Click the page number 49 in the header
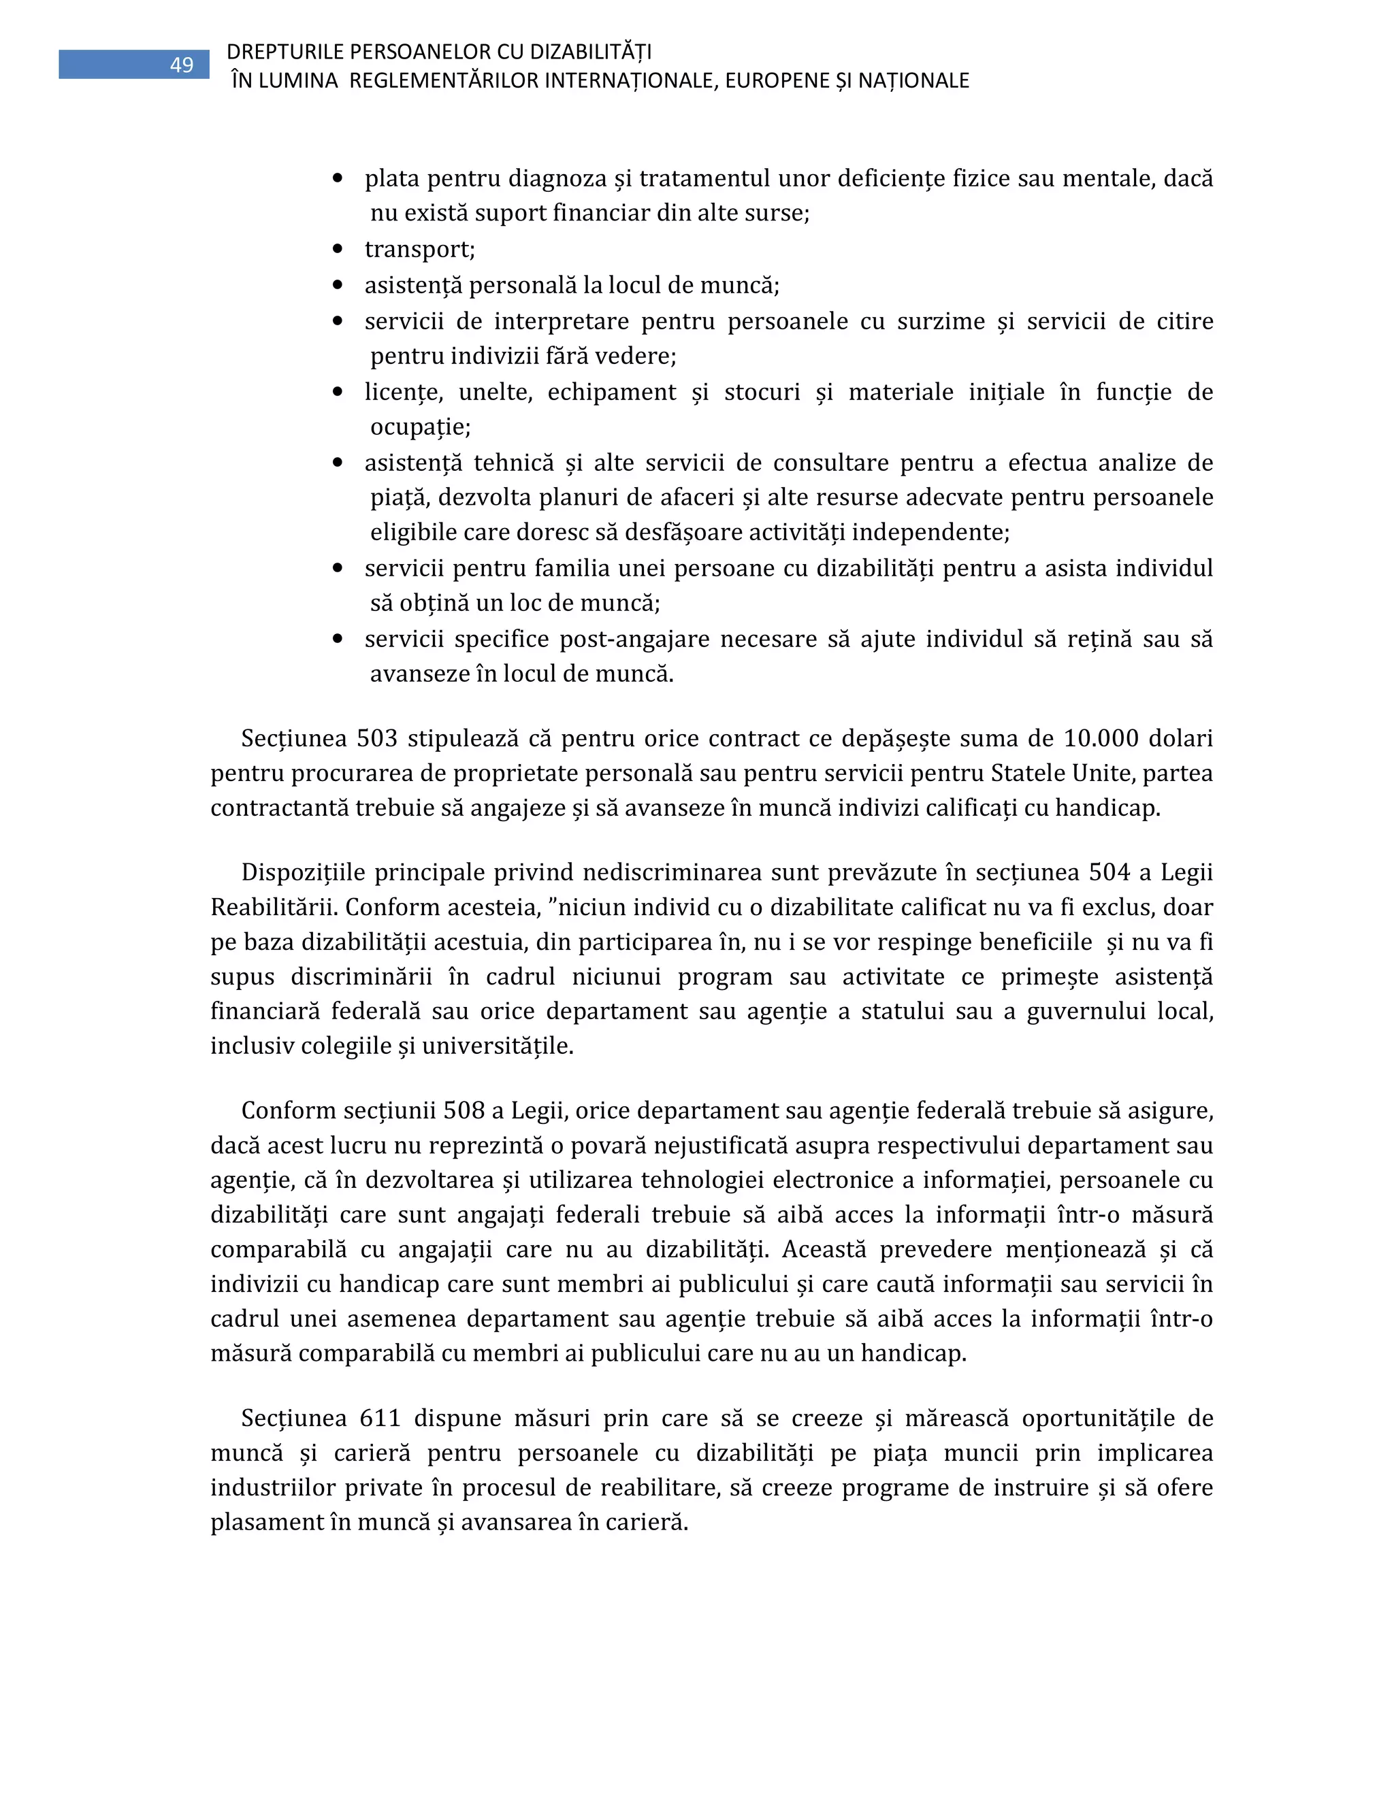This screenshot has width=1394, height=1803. point(182,65)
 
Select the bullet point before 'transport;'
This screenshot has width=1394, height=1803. point(337,248)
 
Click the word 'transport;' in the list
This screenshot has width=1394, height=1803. point(419,249)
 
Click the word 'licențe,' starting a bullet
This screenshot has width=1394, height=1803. point(403,392)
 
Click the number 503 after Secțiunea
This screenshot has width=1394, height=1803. point(377,738)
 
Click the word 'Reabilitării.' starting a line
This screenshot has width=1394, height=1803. point(274,907)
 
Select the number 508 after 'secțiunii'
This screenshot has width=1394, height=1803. point(464,1110)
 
